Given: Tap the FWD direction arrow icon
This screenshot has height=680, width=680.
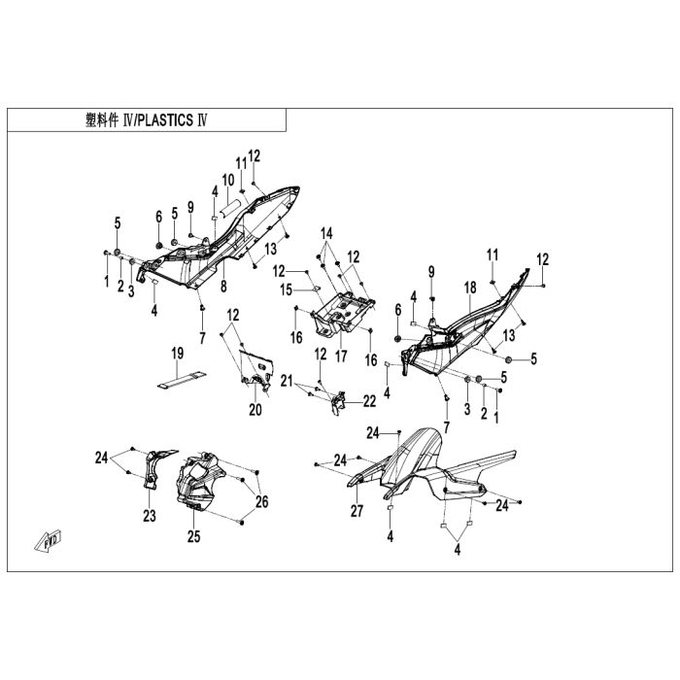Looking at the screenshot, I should pyautogui.click(x=51, y=539).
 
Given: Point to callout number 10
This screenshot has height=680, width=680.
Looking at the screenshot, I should pyautogui.click(x=228, y=180).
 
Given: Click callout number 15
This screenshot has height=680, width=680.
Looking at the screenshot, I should pyautogui.click(x=287, y=289).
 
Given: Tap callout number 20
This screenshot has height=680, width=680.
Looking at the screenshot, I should pyautogui.click(x=255, y=409).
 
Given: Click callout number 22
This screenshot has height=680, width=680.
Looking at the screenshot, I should pyautogui.click(x=369, y=400).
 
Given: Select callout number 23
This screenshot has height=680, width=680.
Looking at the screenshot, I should pyautogui.click(x=149, y=517).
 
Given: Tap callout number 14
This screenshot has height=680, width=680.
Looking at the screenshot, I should pyautogui.click(x=327, y=233).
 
